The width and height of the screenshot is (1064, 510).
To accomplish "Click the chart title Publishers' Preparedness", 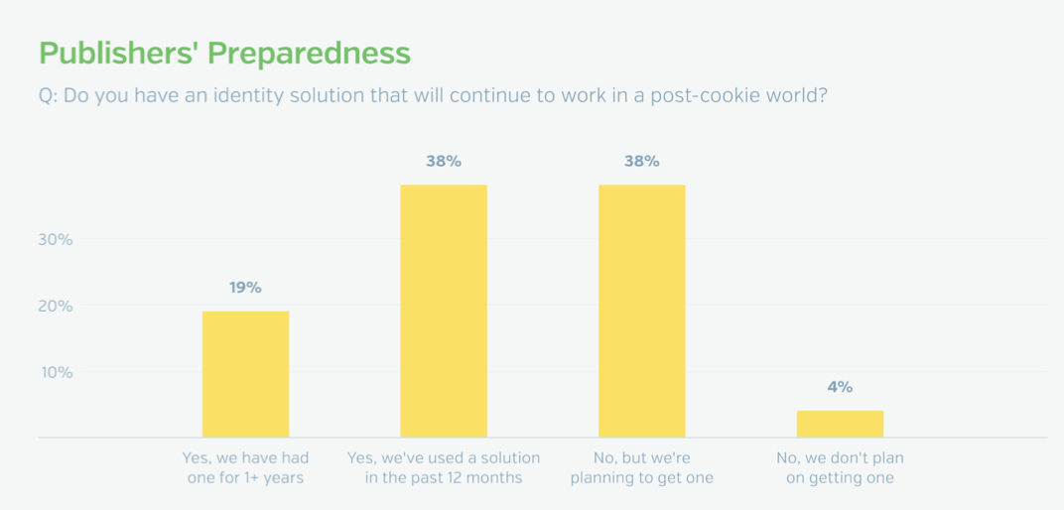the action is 224,54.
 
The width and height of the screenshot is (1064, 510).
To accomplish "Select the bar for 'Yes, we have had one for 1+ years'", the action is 245,374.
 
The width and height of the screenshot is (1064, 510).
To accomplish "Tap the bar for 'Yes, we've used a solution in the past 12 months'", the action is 444,312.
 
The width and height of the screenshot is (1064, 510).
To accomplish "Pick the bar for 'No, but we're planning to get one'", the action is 642,312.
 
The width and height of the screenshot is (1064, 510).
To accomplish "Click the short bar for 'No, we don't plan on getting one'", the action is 840,424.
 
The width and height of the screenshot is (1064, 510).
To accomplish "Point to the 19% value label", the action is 245,288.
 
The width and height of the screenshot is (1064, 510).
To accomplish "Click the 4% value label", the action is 840,387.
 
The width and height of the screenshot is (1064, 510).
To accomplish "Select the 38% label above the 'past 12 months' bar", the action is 444,162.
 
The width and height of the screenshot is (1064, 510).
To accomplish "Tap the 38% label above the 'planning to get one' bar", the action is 642,162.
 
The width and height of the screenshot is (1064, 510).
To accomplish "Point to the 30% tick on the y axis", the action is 56,239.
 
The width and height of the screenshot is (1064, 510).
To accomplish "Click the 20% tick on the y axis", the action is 56,306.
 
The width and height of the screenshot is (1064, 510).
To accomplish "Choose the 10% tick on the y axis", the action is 56,372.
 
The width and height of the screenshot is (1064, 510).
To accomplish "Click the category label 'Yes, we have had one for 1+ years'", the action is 245,468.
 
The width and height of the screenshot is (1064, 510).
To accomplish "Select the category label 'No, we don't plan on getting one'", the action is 840,468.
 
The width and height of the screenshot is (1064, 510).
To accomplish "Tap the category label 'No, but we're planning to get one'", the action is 642,468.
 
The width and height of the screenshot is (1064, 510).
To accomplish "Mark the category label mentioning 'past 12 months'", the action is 444,468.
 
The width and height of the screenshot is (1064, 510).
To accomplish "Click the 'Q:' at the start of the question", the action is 49,96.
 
